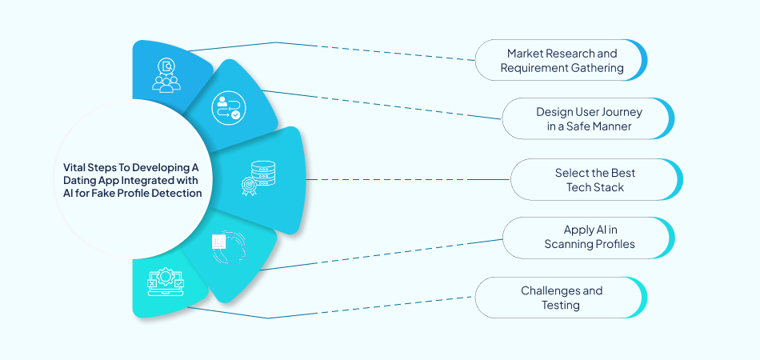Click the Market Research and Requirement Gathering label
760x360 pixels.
point(561,60)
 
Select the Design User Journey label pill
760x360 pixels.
point(588,118)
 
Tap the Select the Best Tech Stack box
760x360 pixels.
point(596,179)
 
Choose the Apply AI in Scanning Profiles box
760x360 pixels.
point(588,238)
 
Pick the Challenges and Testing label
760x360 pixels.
point(561,297)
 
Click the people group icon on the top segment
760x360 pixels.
point(166,74)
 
